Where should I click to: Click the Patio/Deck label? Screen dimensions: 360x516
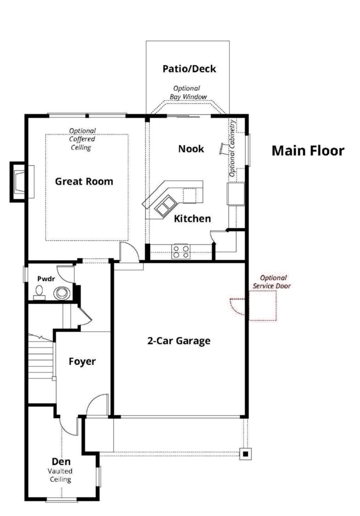190,69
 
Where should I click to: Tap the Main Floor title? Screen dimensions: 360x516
308,151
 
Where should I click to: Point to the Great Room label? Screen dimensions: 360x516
84,181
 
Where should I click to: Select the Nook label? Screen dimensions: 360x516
191,149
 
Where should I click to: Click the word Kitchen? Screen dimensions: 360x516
192,219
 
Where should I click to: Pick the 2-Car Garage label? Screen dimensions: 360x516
179,341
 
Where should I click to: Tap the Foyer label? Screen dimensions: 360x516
82,362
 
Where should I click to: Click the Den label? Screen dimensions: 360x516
62,462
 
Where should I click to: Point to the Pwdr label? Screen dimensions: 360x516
46,279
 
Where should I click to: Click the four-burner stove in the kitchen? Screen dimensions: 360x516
182,251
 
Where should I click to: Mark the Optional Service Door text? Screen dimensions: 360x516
272,282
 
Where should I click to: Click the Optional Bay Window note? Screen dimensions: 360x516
188,93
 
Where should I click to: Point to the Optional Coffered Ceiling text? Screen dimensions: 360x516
82,139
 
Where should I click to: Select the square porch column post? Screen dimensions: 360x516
246,454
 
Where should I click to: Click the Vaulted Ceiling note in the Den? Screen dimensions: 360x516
61,475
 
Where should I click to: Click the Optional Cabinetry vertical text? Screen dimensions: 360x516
232,148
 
